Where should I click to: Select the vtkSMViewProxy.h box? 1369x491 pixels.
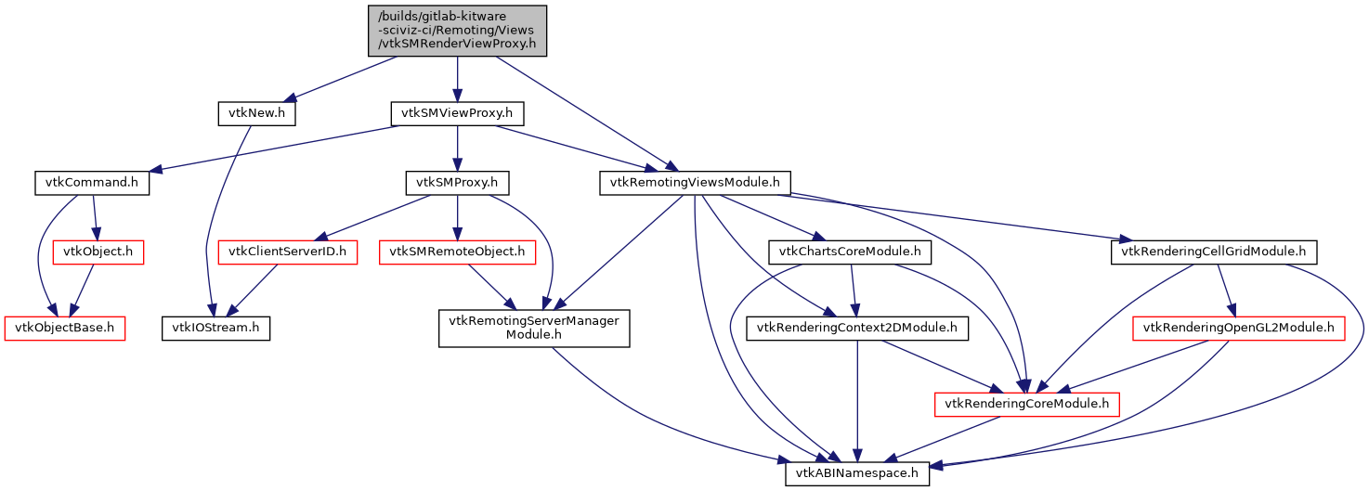(457, 113)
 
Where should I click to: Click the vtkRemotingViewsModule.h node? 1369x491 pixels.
(695, 182)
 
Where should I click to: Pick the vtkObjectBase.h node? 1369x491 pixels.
(65, 327)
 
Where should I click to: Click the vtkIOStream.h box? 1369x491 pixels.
(215, 327)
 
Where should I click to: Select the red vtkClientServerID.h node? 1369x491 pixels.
(287, 251)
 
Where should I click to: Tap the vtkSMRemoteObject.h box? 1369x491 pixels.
(457, 251)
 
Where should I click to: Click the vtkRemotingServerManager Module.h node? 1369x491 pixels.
(534, 328)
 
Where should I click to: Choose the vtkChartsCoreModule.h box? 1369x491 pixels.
(850, 251)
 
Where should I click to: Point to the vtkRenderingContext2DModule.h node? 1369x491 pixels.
(863, 327)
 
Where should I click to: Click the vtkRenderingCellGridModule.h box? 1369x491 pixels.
(1214, 251)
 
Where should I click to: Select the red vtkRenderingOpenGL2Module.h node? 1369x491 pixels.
(1238, 327)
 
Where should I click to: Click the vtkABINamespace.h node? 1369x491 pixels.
(857, 472)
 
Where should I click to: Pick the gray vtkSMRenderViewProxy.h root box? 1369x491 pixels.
(457, 30)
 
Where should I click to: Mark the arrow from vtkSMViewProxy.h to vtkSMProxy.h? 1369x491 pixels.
(457, 148)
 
